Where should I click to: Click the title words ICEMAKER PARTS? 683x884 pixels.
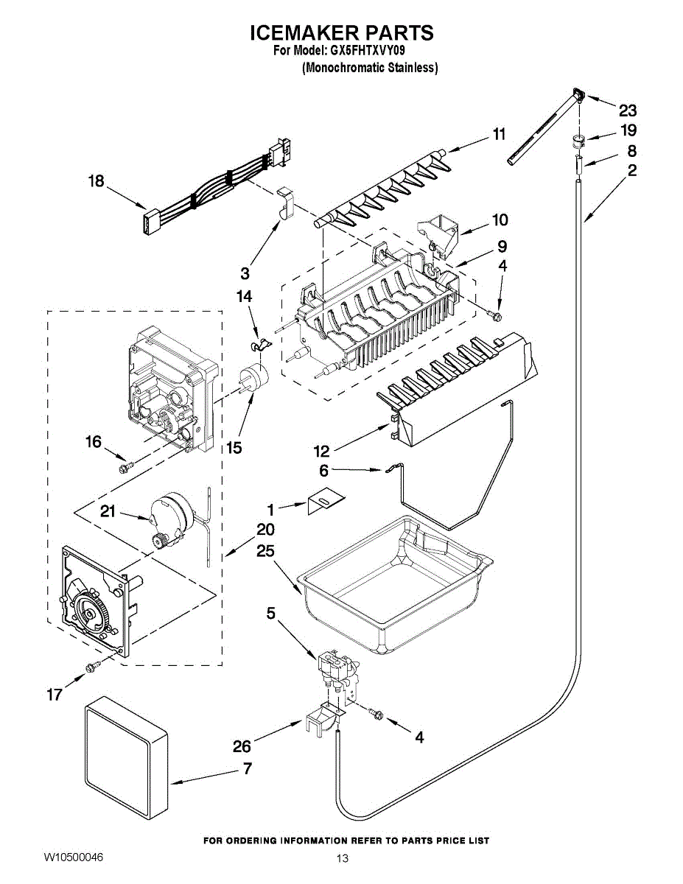point(341,33)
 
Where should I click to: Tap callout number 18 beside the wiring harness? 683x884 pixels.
point(97,181)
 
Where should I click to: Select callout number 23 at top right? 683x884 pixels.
point(627,110)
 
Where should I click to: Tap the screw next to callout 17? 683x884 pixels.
point(91,667)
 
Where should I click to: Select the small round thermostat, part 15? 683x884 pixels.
point(255,378)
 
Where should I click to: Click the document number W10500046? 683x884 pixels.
point(73,857)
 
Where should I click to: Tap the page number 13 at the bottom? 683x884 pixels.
point(341,858)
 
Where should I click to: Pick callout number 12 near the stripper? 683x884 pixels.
point(323,452)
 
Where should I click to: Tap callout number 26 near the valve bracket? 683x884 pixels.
point(242,746)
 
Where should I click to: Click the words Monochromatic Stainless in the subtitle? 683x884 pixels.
point(371,68)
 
